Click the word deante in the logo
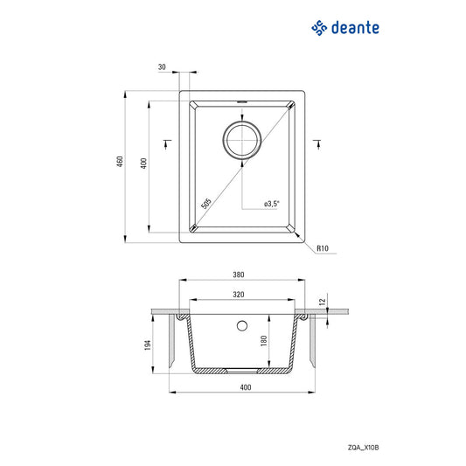pyautogui.click(x=355, y=29)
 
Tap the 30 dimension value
pyautogui.click(x=163, y=66)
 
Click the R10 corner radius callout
pyautogui.click(x=323, y=249)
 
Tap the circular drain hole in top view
pyautogui.click(x=241, y=140)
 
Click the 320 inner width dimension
pyautogui.click(x=239, y=296)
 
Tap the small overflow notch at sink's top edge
pyautogui.click(x=241, y=101)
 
